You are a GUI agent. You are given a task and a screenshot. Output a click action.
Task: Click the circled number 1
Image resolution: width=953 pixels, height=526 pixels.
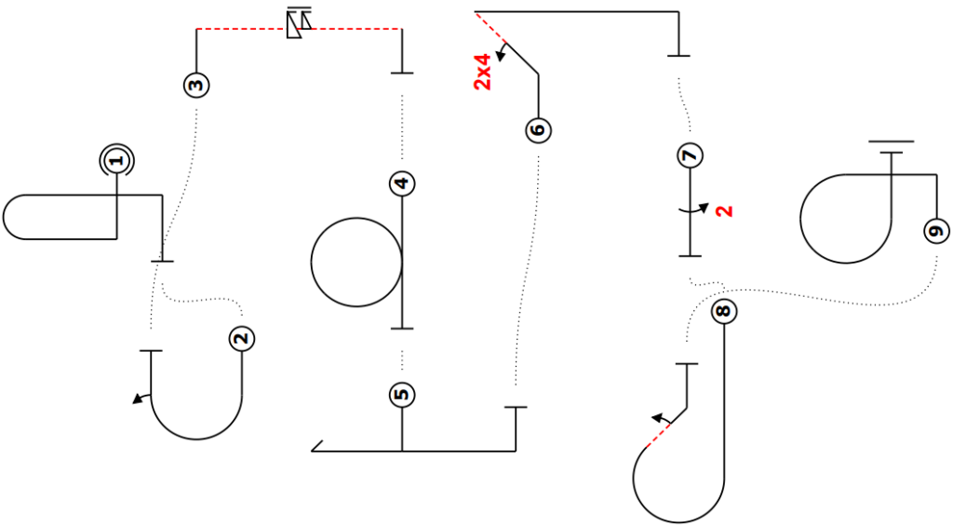[x=116, y=161]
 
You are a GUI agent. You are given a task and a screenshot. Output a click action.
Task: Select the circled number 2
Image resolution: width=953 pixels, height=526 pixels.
[x=242, y=339]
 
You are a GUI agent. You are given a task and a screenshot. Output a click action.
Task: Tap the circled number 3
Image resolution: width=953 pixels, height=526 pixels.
[x=196, y=85]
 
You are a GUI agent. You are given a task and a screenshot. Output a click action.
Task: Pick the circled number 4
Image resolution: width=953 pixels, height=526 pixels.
[x=402, y=183]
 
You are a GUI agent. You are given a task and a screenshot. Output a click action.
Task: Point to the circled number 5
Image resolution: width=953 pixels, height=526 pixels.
[x=402, y=395]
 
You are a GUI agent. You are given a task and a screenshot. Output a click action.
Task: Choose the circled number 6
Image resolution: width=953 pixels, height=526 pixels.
[x=539, y=130]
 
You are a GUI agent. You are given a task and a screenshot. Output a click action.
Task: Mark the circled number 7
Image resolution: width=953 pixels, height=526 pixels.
[x=690, y=155]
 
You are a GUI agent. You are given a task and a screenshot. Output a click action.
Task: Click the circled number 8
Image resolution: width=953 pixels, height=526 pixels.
[x=723, y=311]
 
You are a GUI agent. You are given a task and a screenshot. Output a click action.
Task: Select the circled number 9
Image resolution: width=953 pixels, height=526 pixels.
[x=936, y=231]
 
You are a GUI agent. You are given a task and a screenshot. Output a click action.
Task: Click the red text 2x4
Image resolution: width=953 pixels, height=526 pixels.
[x=482, y=73]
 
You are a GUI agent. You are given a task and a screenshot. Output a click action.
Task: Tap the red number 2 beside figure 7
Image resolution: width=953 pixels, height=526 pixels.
[x=724, y=211]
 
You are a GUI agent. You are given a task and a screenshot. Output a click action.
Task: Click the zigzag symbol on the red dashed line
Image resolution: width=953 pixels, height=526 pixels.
[x=299, y=23]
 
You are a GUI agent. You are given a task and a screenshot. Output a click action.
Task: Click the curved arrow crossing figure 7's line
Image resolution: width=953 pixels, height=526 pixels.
[x=693, y=209]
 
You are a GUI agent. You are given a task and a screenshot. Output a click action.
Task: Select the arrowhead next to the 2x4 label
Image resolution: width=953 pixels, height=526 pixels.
[x=501, y=56]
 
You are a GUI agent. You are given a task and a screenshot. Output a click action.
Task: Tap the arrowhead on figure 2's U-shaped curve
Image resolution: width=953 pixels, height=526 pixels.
[x=139, y=398]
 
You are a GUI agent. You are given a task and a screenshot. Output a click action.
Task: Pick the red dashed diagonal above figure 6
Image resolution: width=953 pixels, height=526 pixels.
[x=490, y=26]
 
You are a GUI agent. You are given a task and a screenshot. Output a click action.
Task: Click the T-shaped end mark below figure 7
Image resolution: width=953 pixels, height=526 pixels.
[x=690, y=256]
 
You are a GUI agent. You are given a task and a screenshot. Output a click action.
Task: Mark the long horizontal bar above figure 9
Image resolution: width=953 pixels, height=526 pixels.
[x=891, y=142]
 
